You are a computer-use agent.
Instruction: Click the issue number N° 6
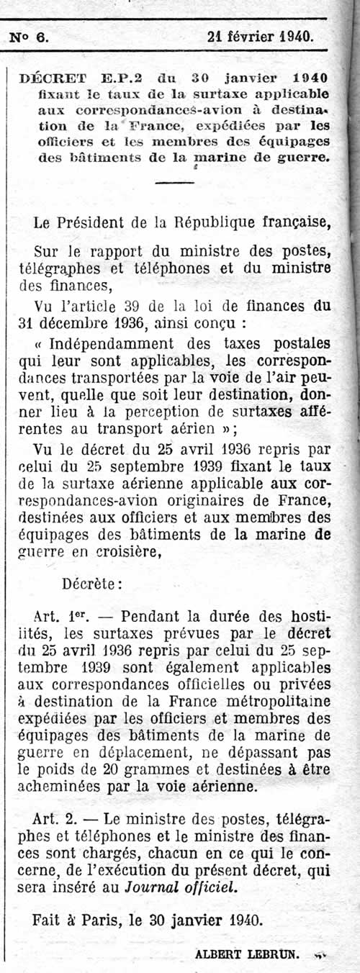click(30, 37)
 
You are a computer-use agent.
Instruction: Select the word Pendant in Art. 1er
click(149, 616)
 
